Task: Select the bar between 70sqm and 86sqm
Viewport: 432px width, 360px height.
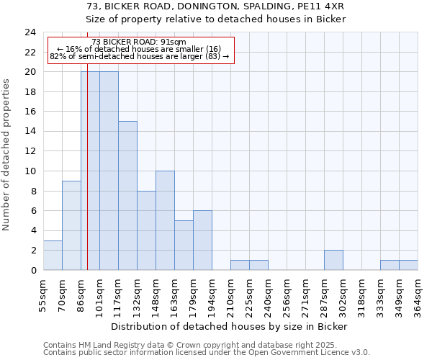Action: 71,225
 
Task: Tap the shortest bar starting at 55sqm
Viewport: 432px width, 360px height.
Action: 53,255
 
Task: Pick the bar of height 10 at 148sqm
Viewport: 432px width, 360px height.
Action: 165,220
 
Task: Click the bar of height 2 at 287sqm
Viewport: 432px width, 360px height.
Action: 333,260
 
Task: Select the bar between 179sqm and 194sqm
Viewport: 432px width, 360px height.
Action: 202,240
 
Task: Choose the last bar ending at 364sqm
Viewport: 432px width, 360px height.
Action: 408,265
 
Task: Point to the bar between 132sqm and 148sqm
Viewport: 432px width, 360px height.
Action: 146,230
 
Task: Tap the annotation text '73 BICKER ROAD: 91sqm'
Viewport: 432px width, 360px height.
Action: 139,42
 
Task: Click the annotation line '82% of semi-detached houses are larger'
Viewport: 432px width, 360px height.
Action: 139,56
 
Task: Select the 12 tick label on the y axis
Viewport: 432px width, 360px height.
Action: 30,151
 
